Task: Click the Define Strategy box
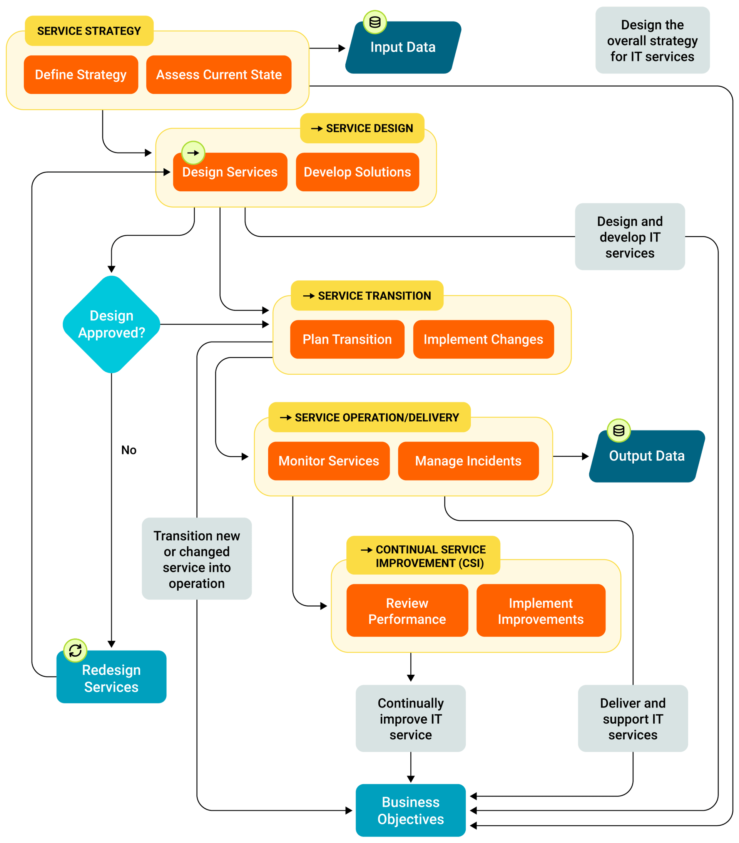[81, 75]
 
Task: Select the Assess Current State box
[219, 75]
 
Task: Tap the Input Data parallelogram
[403, 48]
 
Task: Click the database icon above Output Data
[618, 431]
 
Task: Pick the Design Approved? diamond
[111, 324]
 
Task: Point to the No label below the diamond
[129, 450]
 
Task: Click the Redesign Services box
[111, 678]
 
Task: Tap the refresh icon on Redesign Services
[75, 650]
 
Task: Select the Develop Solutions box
[357, 172]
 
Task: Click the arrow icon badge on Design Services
[193, 153]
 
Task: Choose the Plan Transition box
[347, 339]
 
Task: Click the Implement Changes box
[483, 339]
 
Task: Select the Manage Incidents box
[468, 461]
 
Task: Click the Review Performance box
[407, 611]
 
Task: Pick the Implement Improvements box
[540, 611]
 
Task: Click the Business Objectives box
[411, 810]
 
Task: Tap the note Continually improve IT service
[411, 719]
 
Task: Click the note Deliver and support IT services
[632, 719]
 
